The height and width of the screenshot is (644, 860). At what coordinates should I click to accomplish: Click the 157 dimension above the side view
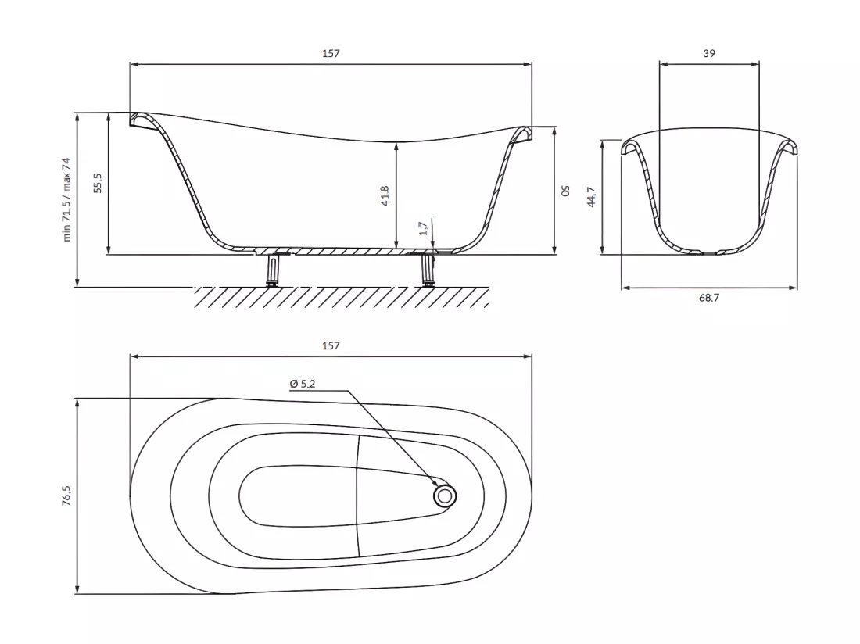(x=331, y=53)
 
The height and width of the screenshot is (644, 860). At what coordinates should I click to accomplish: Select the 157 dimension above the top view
(x=331, y=345)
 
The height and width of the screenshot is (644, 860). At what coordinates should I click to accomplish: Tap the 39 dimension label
(x=709, y=53)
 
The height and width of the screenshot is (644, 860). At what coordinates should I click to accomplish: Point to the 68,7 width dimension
(x=709, y=298)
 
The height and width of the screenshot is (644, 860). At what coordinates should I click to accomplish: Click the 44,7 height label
(x=591, y=197)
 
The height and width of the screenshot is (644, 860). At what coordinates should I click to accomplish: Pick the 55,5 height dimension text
(x=98, y=183)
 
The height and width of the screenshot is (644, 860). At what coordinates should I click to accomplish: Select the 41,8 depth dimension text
(x=385, y=195)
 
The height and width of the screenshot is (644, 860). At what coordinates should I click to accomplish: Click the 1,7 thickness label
(x=423, y=228)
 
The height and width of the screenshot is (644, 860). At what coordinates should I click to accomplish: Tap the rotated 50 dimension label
(x=565, y=190)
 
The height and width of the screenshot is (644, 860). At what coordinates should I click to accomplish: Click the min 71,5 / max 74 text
(x=66, y=199)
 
